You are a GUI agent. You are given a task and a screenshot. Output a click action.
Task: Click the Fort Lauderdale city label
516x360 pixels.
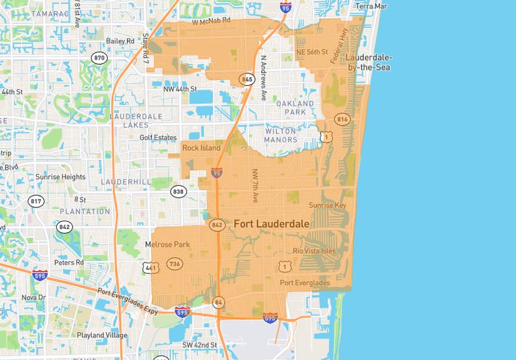point(271,224)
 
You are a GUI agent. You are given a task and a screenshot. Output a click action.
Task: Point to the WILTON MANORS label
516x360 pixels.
point(281,135)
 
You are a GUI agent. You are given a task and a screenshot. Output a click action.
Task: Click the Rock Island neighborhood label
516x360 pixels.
point(201,148)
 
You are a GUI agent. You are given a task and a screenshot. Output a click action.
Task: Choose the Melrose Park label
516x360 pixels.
point(167,245)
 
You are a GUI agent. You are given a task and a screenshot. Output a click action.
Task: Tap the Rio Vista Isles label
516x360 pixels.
point(314,251)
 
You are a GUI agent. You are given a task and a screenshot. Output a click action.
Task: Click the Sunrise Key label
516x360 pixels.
point(327,205)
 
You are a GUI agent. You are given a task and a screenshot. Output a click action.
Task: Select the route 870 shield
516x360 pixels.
point(99,58)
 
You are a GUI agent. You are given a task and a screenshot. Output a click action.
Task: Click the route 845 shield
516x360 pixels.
point(247,79)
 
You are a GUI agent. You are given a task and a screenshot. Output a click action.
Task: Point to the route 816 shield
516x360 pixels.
point(341,119)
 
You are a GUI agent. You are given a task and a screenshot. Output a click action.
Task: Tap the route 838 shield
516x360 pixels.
point(178,191)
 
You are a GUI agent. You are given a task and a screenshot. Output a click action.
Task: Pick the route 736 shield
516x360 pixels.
point(174,263)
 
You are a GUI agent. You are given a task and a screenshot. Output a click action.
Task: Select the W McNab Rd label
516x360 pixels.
point(211,21)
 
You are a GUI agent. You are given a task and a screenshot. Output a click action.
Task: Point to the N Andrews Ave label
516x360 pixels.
point(264,77)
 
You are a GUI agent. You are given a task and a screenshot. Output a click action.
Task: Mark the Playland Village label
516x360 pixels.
point(101,335)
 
